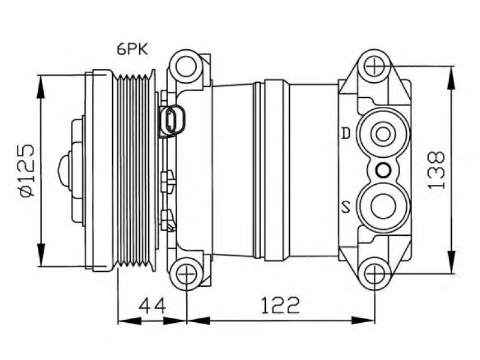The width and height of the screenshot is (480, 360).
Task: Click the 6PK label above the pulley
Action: (132, 49)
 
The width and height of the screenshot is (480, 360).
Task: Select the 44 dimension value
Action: (152, 305)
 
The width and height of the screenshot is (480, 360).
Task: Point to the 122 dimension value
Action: (280, 305)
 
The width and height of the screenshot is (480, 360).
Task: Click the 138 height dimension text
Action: (436, 170)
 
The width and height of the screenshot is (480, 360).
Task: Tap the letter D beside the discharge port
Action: (346, 133)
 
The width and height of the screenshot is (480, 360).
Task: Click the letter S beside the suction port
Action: (346, 207)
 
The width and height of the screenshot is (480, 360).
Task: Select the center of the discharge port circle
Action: (383, 134)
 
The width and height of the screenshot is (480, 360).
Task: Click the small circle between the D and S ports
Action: (383, 170)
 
